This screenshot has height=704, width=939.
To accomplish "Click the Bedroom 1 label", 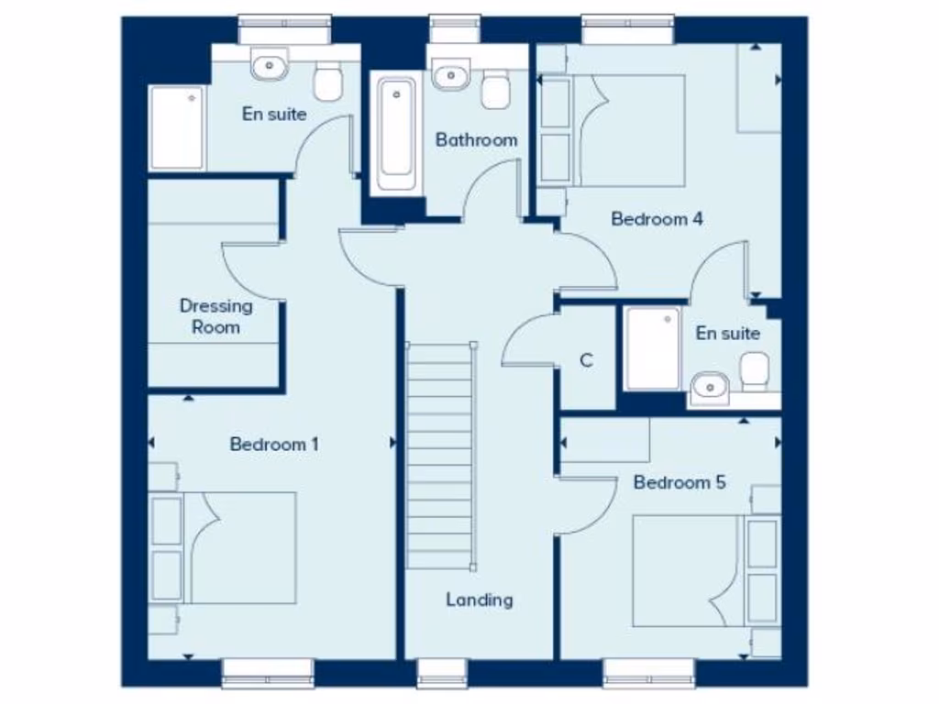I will click(x=274, y=445).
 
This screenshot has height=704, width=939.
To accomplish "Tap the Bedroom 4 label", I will click(x=657, y=219).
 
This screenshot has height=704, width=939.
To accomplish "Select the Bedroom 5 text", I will click(x=679, y=482).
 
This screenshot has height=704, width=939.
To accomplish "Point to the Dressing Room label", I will click(x=215, y=316).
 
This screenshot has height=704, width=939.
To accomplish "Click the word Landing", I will click(x=480, y=599).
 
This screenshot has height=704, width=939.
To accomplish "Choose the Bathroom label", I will click(x=476, y=140).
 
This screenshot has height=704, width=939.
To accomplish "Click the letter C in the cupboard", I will click(x=587, y=361).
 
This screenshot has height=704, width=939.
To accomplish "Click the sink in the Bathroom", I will click(x=450, y=73).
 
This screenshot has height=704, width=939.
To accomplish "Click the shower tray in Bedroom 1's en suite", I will click(x=177, y=128).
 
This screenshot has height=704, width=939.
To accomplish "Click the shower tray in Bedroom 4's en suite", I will click(x=653, y=348).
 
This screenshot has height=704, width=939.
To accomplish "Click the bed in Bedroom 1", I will click(x=240, y=547).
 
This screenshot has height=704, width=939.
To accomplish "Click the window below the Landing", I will click(x=443, y=672).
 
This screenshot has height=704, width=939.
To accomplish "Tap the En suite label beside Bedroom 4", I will click(x=728, y=333).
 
